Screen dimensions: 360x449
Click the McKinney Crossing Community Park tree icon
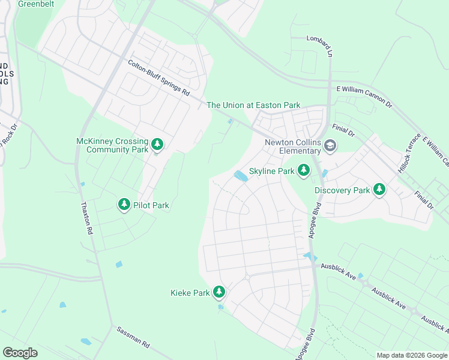click(157, 145)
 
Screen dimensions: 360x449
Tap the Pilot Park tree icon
click(124, 205)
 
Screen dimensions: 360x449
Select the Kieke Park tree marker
click(220, 292)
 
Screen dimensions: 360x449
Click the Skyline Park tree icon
click(304, 171)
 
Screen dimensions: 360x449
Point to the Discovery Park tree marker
click(379, 190)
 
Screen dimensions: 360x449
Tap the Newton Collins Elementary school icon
click(330, 146)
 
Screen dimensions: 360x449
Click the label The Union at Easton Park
click(253, 105)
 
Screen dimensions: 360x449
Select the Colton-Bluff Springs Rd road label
click(158, 77)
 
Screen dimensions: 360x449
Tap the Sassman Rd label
click(133, 338)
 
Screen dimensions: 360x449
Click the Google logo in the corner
click(20, 353)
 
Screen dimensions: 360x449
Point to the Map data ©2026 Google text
click(412, 355)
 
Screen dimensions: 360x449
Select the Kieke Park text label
click(190, 293)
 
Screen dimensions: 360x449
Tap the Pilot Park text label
click(151, 206)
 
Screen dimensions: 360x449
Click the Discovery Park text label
click(342, 191)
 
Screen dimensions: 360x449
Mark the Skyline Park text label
click(271, 172)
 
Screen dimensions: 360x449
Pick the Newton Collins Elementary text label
click(292, 146)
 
